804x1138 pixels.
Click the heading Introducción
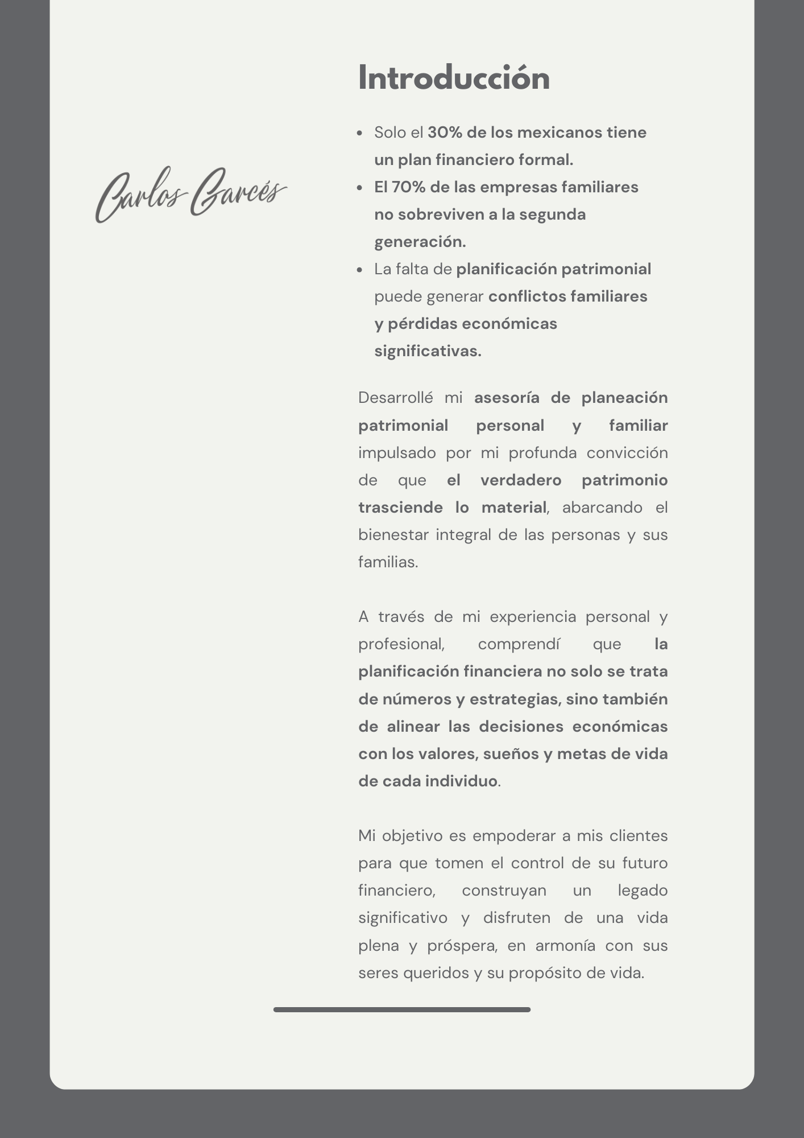tap(454, 78)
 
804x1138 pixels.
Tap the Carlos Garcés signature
tap(190, 193)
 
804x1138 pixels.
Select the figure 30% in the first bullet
tap(445, 133)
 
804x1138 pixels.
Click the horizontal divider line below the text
tap(401, 1009)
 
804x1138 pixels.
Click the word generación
tap(420, 242)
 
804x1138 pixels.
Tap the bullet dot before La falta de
tap(359, 270)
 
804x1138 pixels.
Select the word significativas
tap(428, 351)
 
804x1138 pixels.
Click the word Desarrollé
tap(395, 398)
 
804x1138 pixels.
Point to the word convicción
tap(627, 453)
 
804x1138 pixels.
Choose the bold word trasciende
tap(400, 508)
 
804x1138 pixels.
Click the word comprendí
tap(519, 644)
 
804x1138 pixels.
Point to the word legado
tap(642, 890)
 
